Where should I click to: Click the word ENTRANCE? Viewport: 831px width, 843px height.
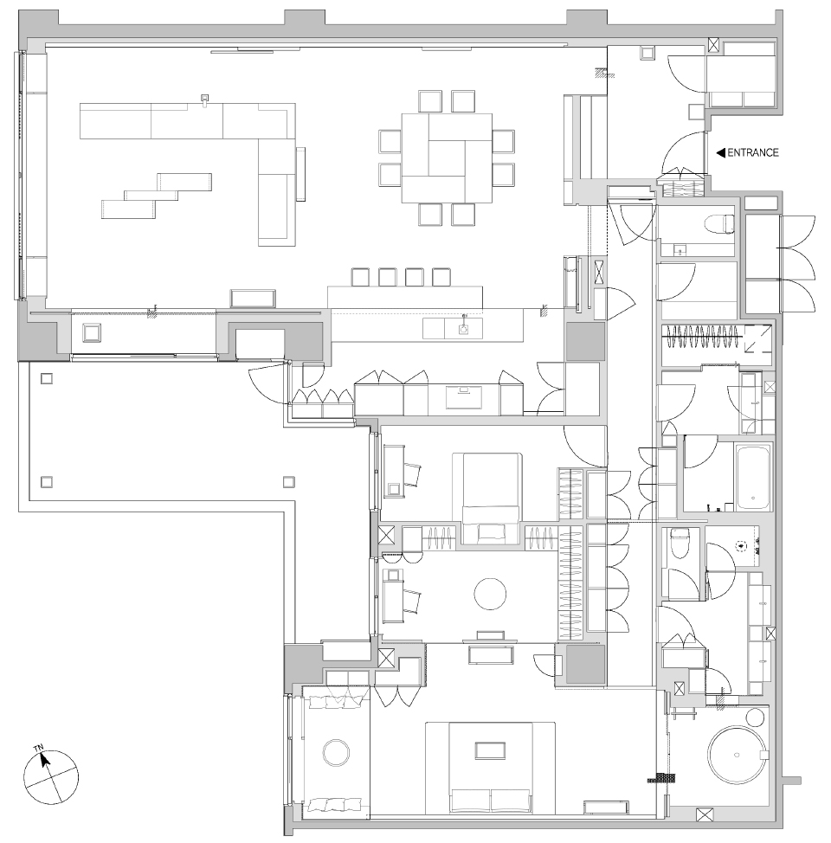[752, 153]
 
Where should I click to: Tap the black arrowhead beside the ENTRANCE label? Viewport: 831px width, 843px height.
[720, 153]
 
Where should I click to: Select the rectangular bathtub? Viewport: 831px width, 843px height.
[753, 477]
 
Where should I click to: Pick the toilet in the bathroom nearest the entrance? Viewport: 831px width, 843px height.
[719, 224]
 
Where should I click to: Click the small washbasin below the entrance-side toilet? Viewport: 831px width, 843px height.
[679, 251]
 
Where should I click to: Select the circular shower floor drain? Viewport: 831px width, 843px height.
[741, 546]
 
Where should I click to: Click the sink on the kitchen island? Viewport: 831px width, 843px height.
[464, 328]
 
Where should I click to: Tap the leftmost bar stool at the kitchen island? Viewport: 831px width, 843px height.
[360, 277]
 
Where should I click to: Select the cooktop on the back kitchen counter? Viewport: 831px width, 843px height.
[467, 396]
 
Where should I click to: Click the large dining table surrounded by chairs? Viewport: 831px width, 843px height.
[446, 157]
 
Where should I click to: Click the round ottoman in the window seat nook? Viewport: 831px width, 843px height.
[335, 751]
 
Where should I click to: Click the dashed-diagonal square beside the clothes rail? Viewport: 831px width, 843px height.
[757, 338]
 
